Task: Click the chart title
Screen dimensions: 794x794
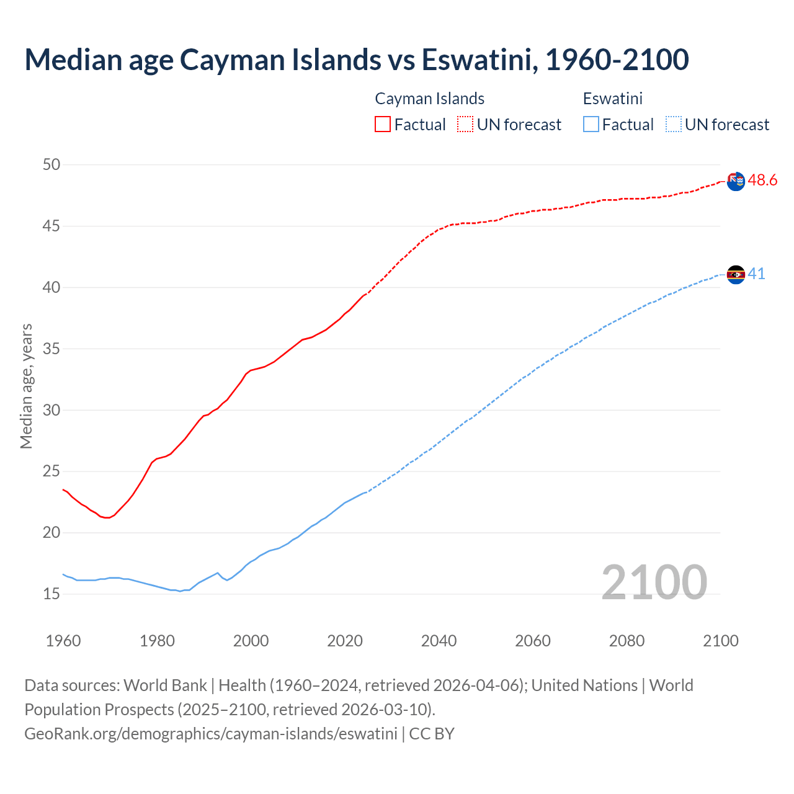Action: tap(357, 60)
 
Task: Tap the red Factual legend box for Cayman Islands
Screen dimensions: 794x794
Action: tap(383, 124)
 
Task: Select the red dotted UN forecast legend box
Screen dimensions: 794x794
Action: tap(465, 124)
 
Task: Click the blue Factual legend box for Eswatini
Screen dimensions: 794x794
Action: tap(591, 124)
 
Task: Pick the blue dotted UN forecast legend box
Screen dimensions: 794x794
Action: tap(673, 124)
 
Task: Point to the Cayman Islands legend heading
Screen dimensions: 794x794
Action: tap(429, 99)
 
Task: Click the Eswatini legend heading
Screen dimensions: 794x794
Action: tap(612, 99)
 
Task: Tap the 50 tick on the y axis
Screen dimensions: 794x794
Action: tap(51, 164)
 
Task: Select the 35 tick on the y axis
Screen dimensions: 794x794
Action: tap(51, 349)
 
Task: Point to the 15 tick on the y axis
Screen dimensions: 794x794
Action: tap(51, 594)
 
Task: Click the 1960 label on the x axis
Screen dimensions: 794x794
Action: tap(63, 641)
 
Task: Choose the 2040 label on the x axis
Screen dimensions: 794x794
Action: tap(439, 641)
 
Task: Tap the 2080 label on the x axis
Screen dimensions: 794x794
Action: tap(627, 641)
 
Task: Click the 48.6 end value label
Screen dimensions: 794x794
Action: tap(762, 181)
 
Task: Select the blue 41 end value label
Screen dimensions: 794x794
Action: tap(756, 274)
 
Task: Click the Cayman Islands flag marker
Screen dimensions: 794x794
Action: tap(736, 182)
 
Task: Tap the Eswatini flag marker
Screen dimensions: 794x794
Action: tap(736, 274)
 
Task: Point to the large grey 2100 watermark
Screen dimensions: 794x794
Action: tap(654, 582)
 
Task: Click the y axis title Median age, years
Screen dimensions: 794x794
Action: tap(26, 386)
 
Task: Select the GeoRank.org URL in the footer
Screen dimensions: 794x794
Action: tap(211, 734)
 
